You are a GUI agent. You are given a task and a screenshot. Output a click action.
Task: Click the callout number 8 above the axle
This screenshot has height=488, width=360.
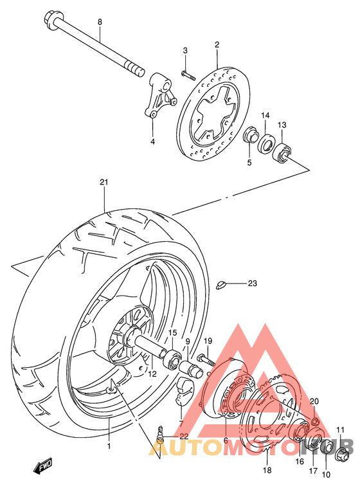point(100,23)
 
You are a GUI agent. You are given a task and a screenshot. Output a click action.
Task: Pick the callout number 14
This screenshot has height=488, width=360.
point(264,115)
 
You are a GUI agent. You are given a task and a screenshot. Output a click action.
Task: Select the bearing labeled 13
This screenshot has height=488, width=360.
point(282,153)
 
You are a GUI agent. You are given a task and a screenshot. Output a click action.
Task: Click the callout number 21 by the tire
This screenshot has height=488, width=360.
point(104,182)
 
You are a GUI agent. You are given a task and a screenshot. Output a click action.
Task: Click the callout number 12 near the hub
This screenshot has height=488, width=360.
point(152,373)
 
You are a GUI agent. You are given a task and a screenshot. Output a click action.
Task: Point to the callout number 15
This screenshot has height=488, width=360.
point(172,332)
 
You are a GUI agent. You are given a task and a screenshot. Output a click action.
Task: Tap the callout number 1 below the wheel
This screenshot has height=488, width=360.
point(109,446)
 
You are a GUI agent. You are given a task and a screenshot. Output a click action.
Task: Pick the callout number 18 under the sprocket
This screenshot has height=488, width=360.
point(268,470)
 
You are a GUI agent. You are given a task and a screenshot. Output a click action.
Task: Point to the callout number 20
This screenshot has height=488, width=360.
point(314,401)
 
